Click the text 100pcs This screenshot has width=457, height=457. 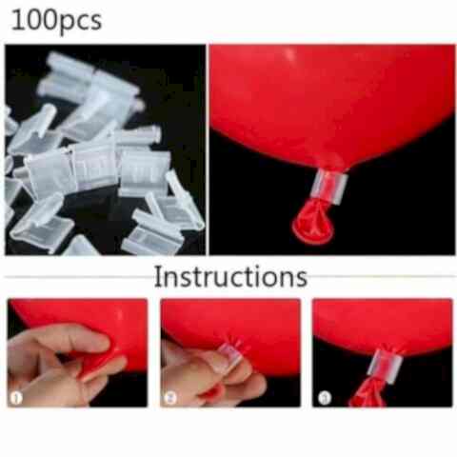coord(56,21)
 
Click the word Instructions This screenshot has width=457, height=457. coord(230,277)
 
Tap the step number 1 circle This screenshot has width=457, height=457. coord(16,397)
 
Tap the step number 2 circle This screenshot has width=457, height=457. coord(170,397)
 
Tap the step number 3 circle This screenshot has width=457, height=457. coord(325,398)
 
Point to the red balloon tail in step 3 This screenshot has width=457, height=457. coord(368,392)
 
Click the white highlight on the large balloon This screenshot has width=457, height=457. coord(289,54)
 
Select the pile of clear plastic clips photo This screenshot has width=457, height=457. coord(105,149)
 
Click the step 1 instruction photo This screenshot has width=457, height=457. coord(77,352)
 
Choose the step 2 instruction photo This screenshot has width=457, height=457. coord(230,352)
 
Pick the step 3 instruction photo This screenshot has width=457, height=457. coord(383,352)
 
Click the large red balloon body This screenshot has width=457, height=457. coord(330,102)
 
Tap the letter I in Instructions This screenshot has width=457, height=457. coord(157,277)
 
